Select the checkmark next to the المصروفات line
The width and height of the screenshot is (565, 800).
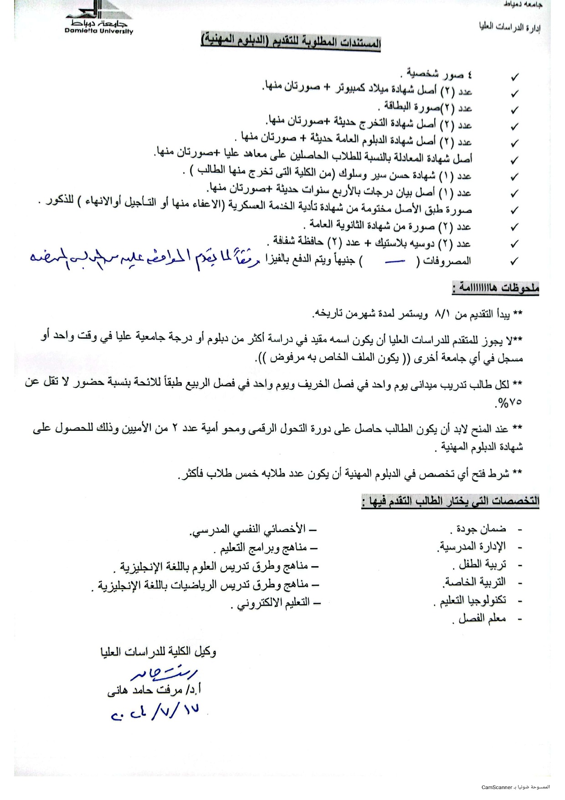click(x=515, y=261)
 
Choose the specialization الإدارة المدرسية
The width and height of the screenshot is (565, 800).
click(x=473, y=546)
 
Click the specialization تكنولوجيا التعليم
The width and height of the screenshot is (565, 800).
click(x=471, y=600)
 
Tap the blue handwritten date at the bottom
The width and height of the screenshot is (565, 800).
click(x=155, y=712)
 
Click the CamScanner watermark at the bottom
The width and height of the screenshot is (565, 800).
click(x=516, y=787)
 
